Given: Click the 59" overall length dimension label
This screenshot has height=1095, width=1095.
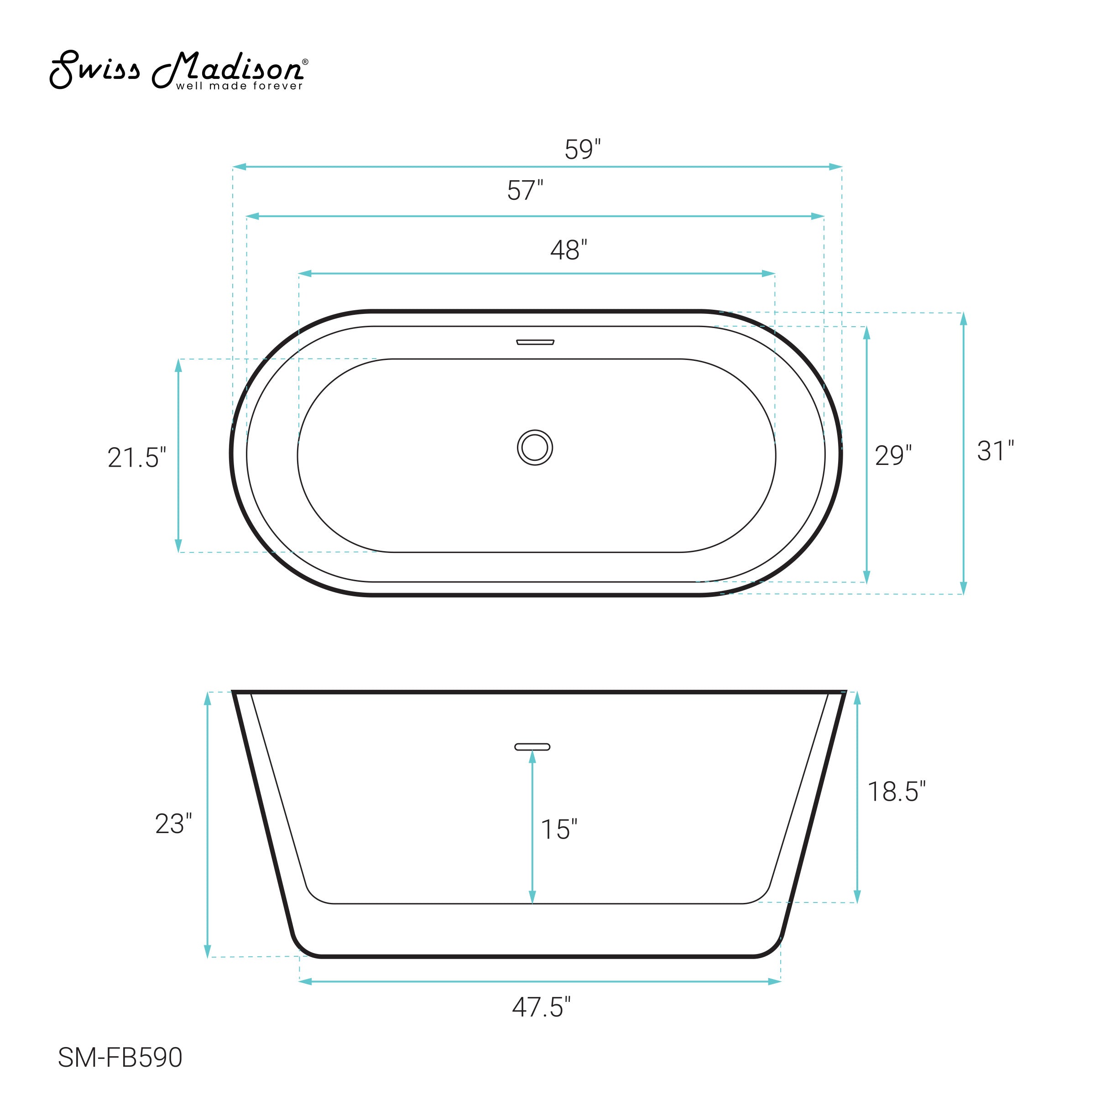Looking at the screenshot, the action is pos(583,149).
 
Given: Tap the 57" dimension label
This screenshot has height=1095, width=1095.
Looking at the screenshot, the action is pos(525,190).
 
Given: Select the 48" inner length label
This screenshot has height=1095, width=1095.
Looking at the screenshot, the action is pos(568,250).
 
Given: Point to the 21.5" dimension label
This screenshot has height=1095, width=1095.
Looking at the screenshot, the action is pos(137,457).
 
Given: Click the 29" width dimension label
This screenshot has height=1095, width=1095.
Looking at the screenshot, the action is pos(893,455).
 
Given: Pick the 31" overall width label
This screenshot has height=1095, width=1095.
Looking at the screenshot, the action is pos(995,451).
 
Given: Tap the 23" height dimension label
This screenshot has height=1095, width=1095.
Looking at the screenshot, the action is pos(173,824).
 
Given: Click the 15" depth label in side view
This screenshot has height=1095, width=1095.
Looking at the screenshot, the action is pos(559,829).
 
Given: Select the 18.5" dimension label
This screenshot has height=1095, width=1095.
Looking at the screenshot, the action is pos(897,791).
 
